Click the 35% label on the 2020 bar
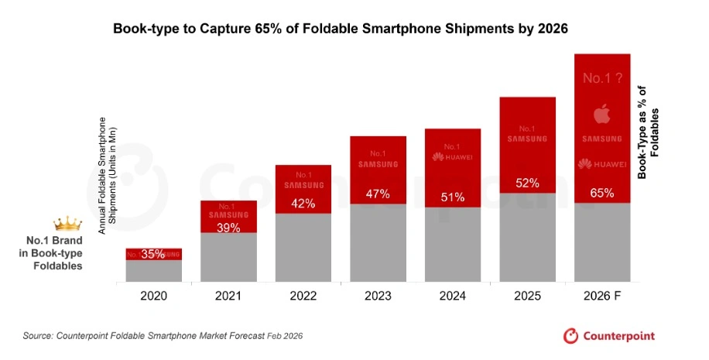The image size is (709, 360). pos(153,254)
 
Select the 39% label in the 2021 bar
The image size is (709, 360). pos(228,228)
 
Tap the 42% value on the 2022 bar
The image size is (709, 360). pos(303,204)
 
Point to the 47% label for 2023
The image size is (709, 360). pos(378,194)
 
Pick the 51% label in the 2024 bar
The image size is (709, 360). pos(453,197)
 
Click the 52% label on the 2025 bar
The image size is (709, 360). pos(528,183)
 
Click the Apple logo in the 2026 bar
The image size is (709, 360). pos(602,115)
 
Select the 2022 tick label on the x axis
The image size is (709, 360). pos(303,296)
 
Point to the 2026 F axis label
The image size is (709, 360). pos(602,296)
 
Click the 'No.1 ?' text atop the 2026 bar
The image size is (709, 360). pos(602,77)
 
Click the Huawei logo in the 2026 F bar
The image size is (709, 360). pos(602,164)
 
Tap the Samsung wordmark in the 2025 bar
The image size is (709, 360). pos(528,139)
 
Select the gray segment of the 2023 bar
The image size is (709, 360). pos(378,242)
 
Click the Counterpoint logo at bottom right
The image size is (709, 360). pos(608,336)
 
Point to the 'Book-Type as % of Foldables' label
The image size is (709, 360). pos(648,132)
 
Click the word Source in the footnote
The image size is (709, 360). pos(38,336)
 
